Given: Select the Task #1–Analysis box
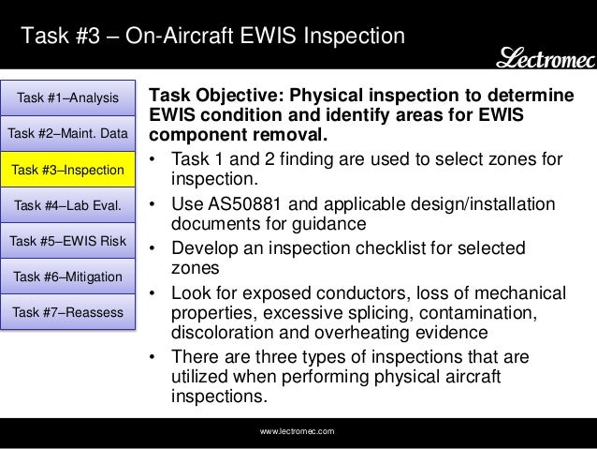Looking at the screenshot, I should tap(67, 97).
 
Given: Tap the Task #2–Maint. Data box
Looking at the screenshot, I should tap(67, 133).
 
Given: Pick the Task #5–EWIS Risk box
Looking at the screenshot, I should tap(67, 240).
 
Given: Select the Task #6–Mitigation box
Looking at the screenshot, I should tap(67, 276).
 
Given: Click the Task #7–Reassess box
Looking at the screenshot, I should tap(67, 310).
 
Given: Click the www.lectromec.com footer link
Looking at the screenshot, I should tap(298, 430).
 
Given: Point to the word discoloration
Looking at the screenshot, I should tap(226, 333).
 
